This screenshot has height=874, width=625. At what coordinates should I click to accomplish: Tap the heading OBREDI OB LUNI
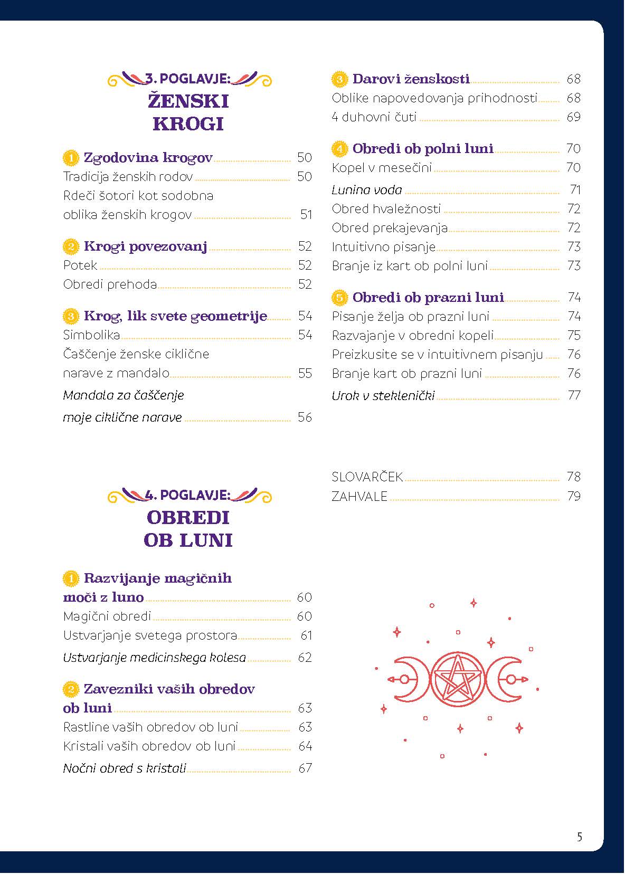[x=188, y=529]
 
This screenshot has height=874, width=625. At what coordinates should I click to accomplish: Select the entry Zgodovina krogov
[x=148, y=158]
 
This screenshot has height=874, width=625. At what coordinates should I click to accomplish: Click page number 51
[x=306, y=215]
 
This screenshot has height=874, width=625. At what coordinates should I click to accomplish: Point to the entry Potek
[x=80, y=265]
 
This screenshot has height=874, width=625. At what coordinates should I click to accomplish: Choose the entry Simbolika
[x=91, y=335]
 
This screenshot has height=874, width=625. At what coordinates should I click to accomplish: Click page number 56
[x=305, y=417]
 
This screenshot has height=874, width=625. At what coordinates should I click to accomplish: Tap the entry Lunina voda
[x=367, y=190]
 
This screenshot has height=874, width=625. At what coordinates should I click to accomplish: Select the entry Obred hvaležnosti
[x=386, y=209]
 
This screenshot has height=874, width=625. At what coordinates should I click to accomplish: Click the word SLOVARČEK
[x=367, y=477]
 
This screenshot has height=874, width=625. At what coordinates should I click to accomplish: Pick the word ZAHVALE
[x=359, y=497]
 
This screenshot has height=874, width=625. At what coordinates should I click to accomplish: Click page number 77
[x=574, y=396]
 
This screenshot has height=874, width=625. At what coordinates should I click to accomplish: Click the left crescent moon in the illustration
[x=408, y=679]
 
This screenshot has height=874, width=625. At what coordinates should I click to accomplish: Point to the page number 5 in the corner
[x=580, y=837]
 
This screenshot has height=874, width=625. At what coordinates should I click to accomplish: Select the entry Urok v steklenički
[x=383, y=396]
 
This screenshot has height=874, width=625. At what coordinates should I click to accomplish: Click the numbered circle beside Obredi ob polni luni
[x=339, y=149]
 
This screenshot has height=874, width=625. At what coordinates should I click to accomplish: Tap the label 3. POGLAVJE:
[x=188, y=79]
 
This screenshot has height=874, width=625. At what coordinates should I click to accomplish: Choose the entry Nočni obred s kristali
[x=125, y=768]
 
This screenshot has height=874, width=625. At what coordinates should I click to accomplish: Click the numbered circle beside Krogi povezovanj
[x=70, y=246]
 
